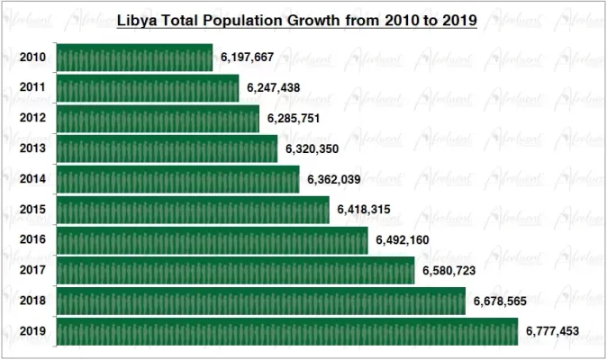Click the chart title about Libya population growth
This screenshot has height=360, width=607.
(x=297, y=19)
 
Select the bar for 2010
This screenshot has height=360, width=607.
(x=134, y=58)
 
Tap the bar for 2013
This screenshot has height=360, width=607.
(x=167, y=148)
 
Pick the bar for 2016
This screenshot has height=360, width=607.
(x=212, y=240)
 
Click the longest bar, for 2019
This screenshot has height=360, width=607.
(x=287, y=331)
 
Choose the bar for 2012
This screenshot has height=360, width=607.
(x=158, y=118)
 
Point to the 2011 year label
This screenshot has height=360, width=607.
(x=33, y=88)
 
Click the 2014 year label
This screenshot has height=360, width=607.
(x=33, y=179)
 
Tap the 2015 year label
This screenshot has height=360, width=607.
(x=33, y=210)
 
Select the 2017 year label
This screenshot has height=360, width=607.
(x=33, y=270)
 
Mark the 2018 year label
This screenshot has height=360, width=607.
(x=33, y=301)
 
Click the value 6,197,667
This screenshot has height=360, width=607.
(x=247, y=58)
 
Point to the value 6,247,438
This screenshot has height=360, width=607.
(x=273, y=88)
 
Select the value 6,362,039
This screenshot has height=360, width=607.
(x=333, y=179)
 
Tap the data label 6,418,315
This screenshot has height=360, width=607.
(x=364, y=210)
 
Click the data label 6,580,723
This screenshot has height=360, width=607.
(x=448, y=270)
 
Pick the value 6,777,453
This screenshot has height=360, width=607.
(x=552, y=331)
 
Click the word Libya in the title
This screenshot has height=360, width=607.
(x=138, y=19)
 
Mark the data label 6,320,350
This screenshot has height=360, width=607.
(x=312, y=148)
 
